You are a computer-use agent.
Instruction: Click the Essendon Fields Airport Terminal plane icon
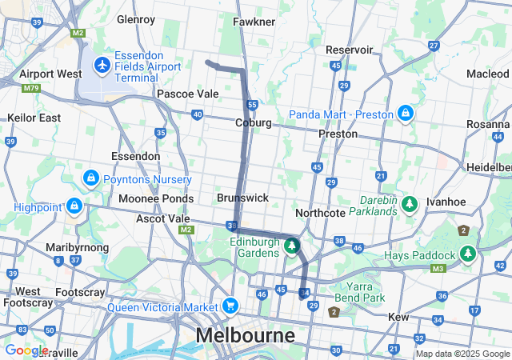point(102,63)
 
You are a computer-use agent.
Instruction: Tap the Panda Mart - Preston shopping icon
point(406,114)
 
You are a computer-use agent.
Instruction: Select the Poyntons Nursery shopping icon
point(91,178)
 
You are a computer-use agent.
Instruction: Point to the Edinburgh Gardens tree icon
point(292,246)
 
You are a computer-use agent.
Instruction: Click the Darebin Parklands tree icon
point(410,205)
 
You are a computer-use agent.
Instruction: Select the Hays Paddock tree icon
point(467,254)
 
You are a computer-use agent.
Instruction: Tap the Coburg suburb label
point(253,122)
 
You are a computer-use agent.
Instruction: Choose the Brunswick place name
point(242,197)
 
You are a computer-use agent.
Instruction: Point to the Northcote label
point(320,213)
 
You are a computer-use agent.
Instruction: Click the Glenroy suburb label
point(135,18)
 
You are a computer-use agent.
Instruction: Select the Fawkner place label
point(254,22)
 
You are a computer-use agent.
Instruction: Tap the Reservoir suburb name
point(350,50)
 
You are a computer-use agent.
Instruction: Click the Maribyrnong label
point(77,247)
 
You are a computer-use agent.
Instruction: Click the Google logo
point(26,350)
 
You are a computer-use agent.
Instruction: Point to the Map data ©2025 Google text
point(462,354)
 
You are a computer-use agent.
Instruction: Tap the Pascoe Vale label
point(187,94)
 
